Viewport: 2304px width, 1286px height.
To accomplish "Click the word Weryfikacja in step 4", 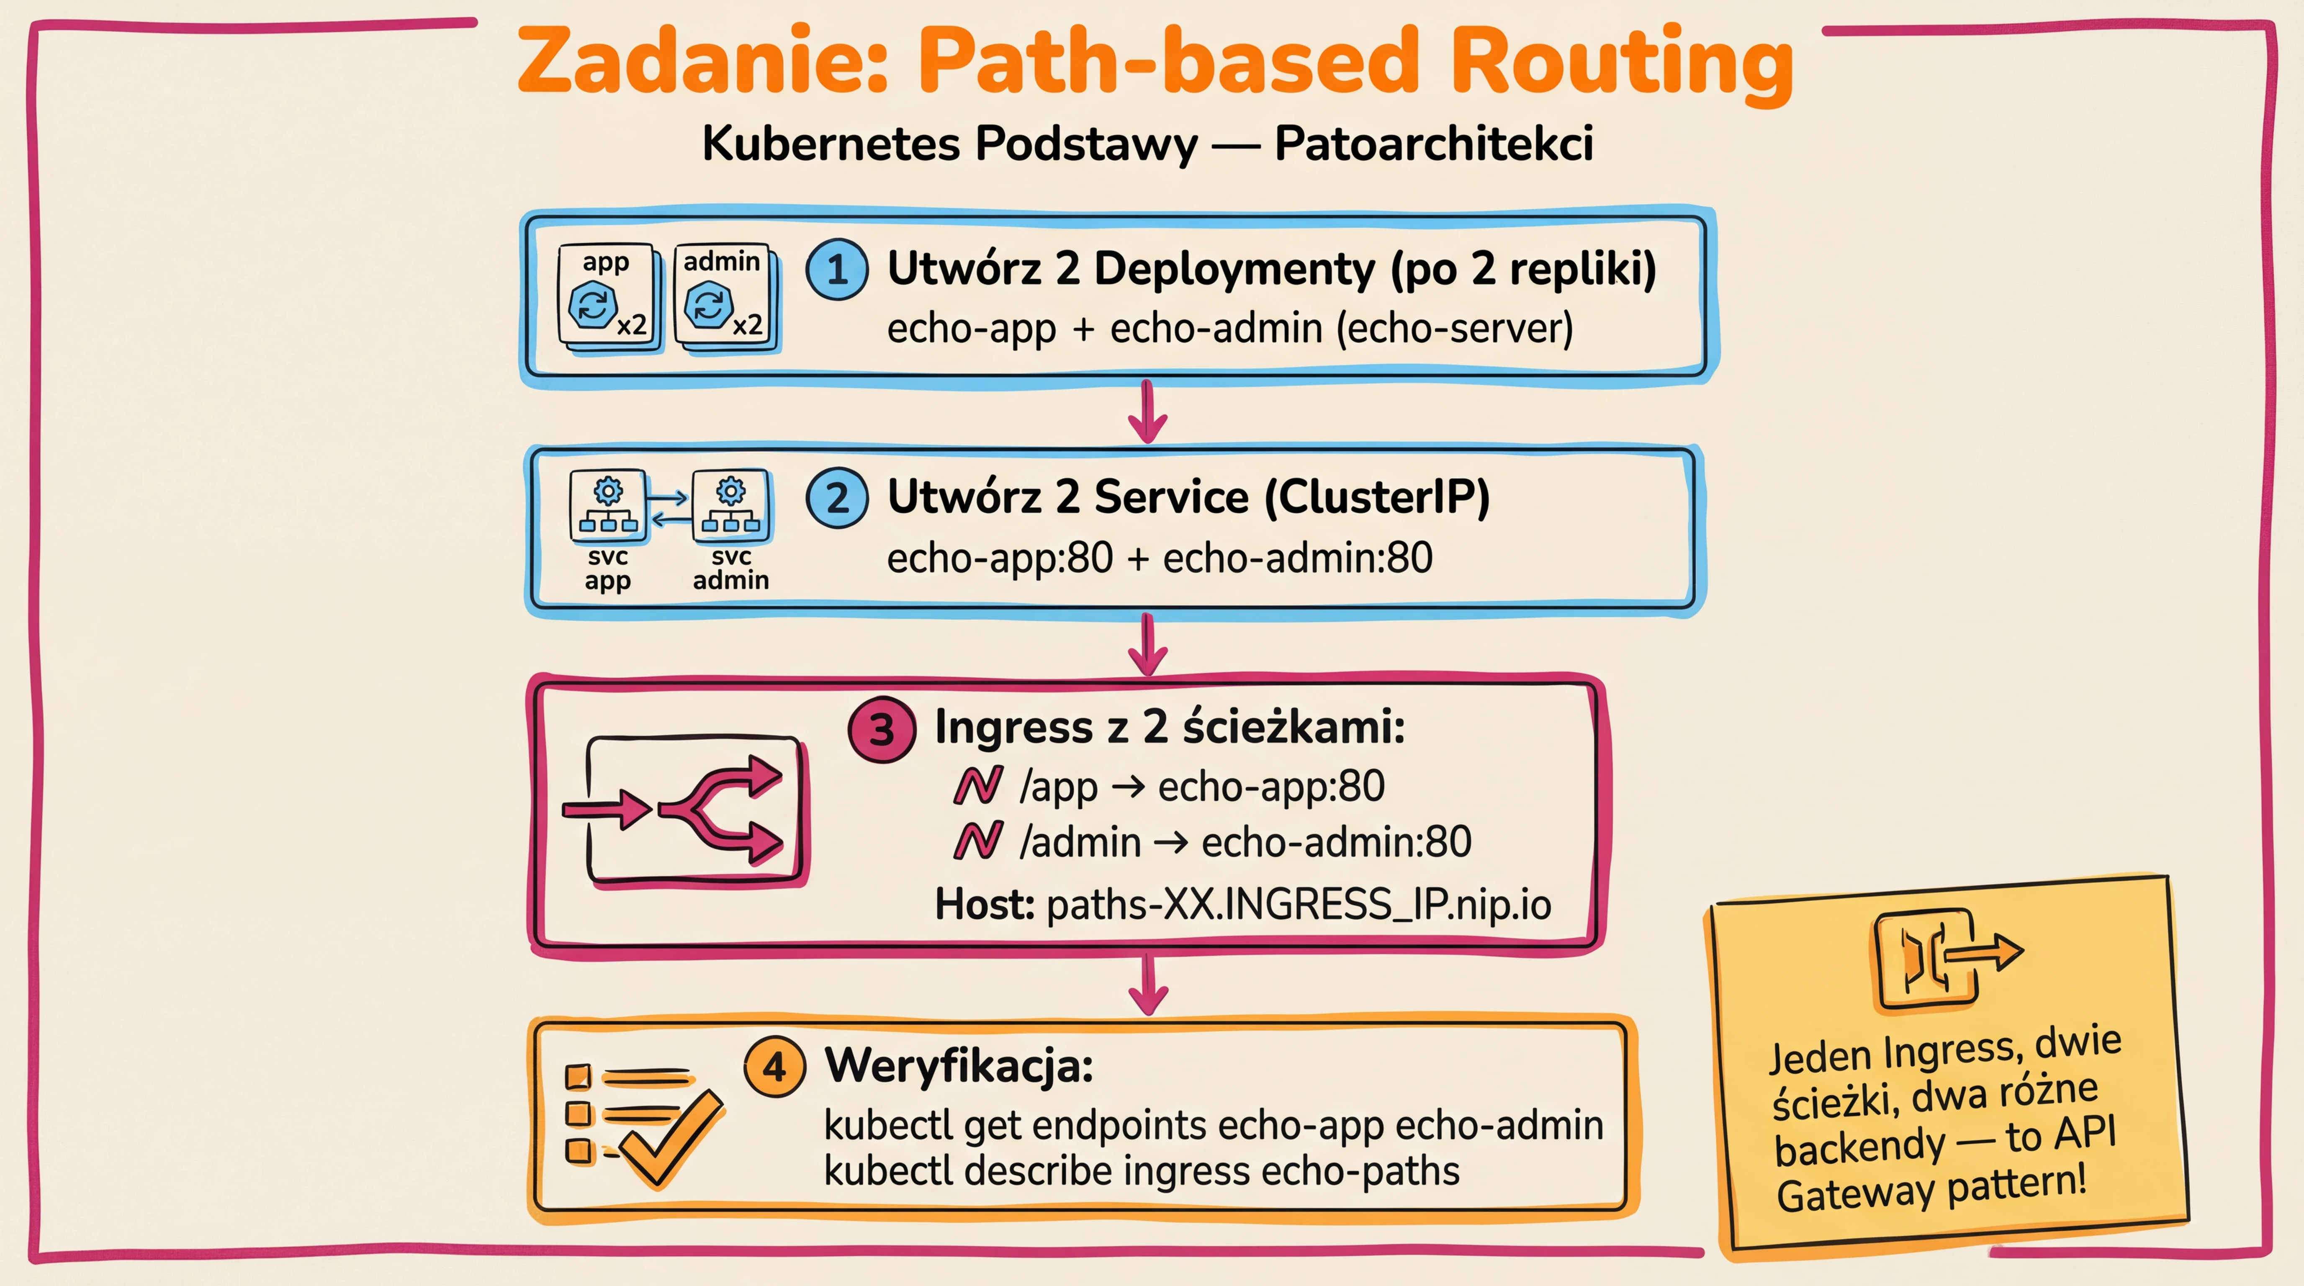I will click(x=959, y=1066).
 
